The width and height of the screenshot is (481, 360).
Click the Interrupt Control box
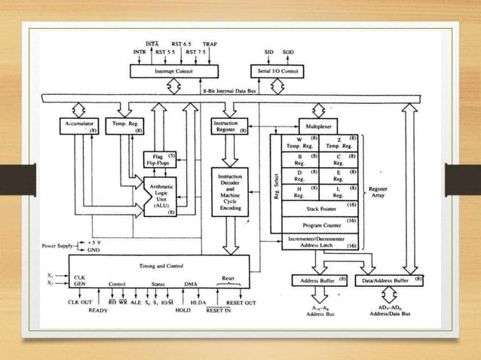coord(173,71)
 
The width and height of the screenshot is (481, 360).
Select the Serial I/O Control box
coord(278,71)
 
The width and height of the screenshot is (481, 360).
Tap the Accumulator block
coord(78,126)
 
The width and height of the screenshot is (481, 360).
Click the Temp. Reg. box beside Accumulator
coord(124,126)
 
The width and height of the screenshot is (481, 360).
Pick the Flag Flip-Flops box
coord(159,160)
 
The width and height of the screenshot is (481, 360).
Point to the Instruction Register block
coord(230,126)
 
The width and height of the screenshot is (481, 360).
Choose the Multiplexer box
coord(326,126)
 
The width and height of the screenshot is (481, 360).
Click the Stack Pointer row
coord(320,207)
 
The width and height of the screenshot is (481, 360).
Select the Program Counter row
coord(320,224)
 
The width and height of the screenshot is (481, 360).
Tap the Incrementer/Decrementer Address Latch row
coord(320,241)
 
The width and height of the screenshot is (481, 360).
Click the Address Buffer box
coord(319,280)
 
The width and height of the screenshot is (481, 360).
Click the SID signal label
coord(269,52)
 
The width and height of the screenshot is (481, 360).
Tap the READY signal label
coord(98,310)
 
